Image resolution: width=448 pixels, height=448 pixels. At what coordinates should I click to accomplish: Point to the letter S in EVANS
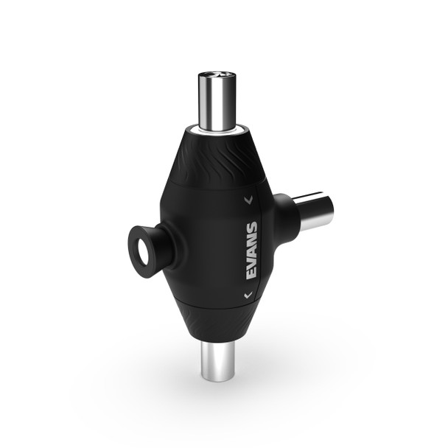pyautogui.click(x=251, y=228)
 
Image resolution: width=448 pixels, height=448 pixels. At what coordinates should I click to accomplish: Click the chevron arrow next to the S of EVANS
pyautogui.click(x=249, y=198)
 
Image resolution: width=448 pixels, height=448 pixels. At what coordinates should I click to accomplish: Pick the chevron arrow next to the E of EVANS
pyautogui.click(x=248, y=295)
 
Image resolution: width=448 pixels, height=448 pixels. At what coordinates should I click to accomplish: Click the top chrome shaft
pyautogui.click(x=217, y=100)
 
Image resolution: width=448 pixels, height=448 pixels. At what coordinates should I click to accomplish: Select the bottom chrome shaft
pyautogui.click(x=218, y=361)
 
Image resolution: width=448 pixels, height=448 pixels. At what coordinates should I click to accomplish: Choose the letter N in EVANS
pyautogui.click(x=251, y=240)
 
